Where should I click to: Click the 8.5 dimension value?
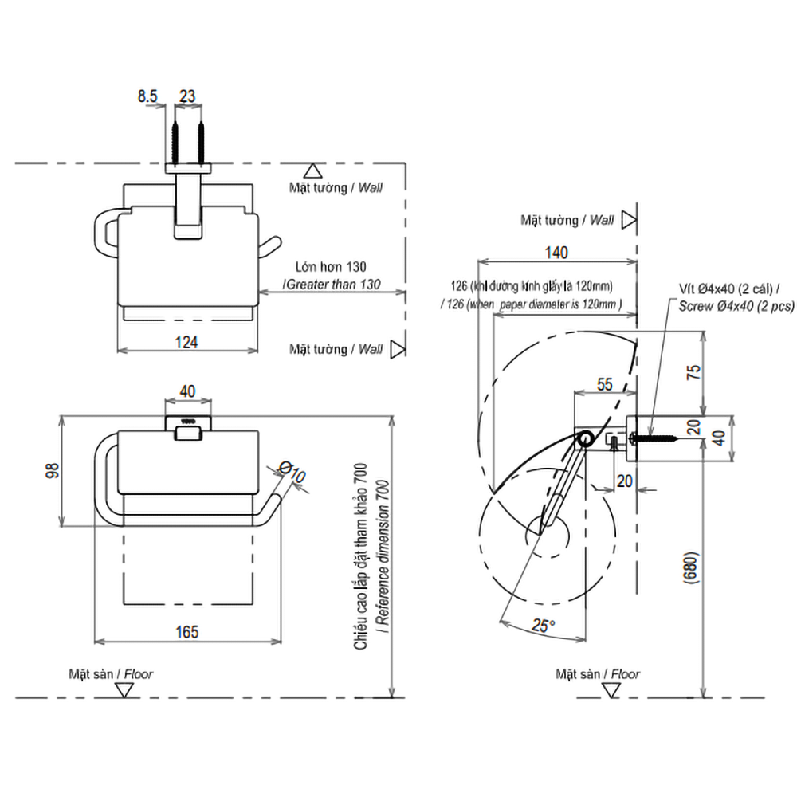tap(147, 96)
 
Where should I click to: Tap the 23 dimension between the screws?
tap(187, 96)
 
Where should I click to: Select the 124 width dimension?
tap(186, 342)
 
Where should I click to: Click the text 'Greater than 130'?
tap(332, 284)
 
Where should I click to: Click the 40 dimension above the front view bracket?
tap(187, 392)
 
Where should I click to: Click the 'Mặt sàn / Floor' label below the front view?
tap(111, 673)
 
